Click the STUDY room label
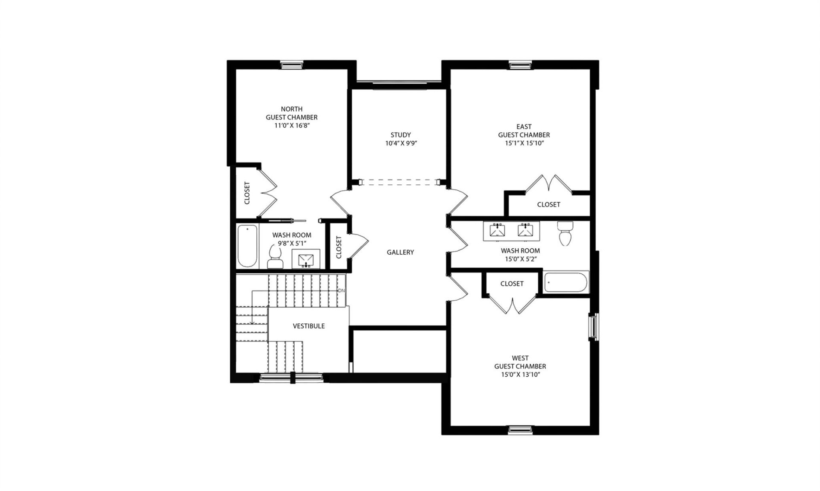[x=400, y=135]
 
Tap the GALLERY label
[x=400, y=253]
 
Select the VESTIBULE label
[x=309, y=326]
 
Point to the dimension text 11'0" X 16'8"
[x=292, y=125]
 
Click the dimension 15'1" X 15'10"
[x=524, y=143]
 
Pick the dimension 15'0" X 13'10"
[x=520, y=375]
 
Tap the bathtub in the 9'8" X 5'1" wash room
[x=247, y=246]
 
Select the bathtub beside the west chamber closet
[x=566, y=282]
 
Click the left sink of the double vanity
[x=497, y=230]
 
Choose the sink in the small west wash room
[x=306, y=259]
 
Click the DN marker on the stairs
[x=341, y=291]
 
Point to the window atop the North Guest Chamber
[x=292, y=65]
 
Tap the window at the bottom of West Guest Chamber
[x=520, y=430]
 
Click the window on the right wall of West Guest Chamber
[x=593, y=327]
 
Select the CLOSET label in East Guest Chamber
[x=548, y=205]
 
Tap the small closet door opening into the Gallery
[x=358, y=246]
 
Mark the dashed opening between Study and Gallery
[x=400, y=183]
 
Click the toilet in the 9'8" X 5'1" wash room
[x=275, y=257]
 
